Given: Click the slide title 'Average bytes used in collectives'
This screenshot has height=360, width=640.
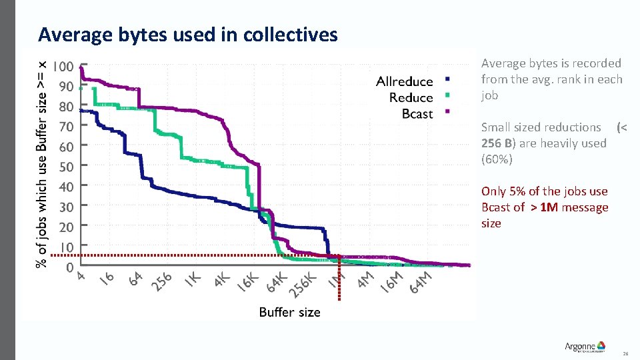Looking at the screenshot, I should pos(188,34).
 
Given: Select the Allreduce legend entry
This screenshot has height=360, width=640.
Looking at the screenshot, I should pos(404,81).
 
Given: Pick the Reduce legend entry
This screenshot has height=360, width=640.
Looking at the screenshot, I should pos(411,97).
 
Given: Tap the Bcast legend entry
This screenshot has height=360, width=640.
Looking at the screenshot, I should pos(417,114).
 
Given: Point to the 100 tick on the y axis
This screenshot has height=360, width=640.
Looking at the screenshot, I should pos(64,67).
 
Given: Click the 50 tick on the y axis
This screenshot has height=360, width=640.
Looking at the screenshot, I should pos(65,166).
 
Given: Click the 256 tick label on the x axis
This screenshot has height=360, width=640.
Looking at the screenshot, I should pos(162,281).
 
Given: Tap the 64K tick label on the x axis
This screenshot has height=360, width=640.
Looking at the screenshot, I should pos(276,281).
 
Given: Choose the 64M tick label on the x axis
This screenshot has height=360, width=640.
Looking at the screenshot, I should pos(421,281).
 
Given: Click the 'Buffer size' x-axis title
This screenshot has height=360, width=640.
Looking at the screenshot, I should pos(289,312).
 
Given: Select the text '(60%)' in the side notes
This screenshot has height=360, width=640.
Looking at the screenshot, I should pos(495,159).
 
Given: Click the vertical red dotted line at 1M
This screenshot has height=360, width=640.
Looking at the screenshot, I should pos(339,287).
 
